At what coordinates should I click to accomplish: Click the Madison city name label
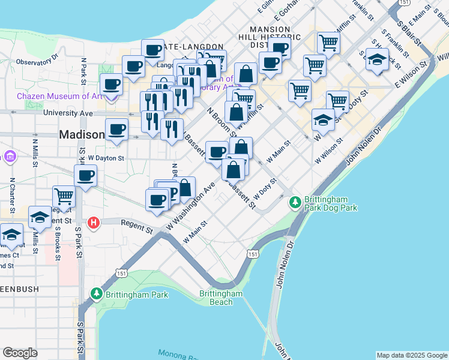[82, 135]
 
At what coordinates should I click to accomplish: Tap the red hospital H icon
[93, 223]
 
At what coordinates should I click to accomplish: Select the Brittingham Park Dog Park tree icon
[295, 202]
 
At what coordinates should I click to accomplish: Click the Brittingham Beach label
[221, 298]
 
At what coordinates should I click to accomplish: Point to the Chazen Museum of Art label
[60, 96]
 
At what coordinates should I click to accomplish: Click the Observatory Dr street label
[36, 61]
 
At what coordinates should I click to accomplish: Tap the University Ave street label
[68, 113]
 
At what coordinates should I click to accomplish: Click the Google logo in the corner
[20, 353]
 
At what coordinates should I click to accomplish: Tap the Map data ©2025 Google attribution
[411, 355]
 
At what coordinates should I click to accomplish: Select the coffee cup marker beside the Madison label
[116, 129]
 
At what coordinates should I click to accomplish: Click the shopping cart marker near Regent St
[64, 196]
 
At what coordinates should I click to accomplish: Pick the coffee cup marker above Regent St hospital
[86, 176]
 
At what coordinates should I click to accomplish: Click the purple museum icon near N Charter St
[10, 157]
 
